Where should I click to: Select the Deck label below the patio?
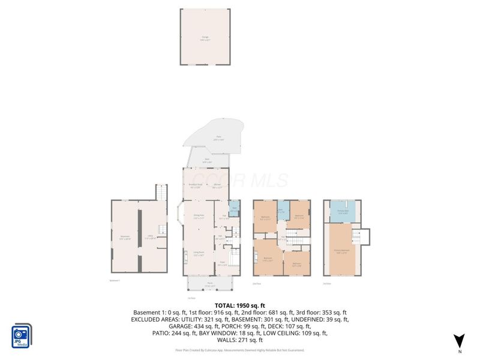(207, 160)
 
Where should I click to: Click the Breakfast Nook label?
(196, 186)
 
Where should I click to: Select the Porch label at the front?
(208, 286)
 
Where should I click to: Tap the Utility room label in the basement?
(151, 237)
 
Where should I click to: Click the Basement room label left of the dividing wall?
(125, 237)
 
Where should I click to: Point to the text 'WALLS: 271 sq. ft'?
(239, 340)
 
